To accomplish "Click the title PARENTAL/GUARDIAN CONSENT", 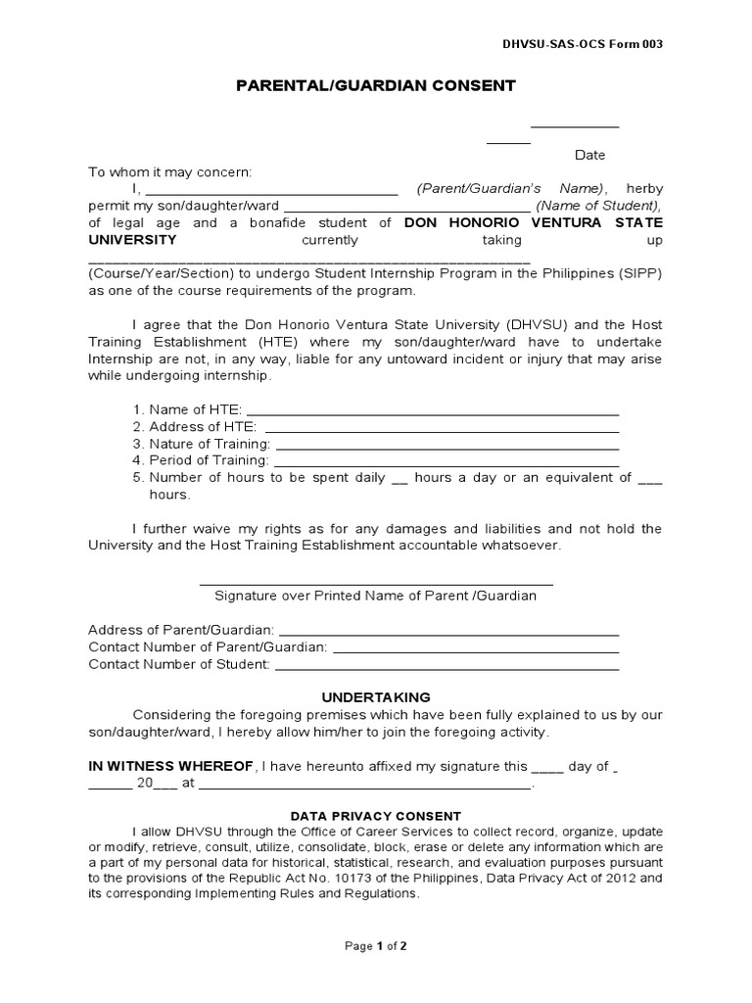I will (375, 86).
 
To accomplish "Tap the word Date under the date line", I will (589, 155).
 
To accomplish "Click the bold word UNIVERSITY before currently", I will (133, 240).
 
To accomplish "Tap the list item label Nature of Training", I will (209, 444).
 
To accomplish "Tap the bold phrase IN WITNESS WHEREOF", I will (171, 766).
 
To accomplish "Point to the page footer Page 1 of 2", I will (376, 946).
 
